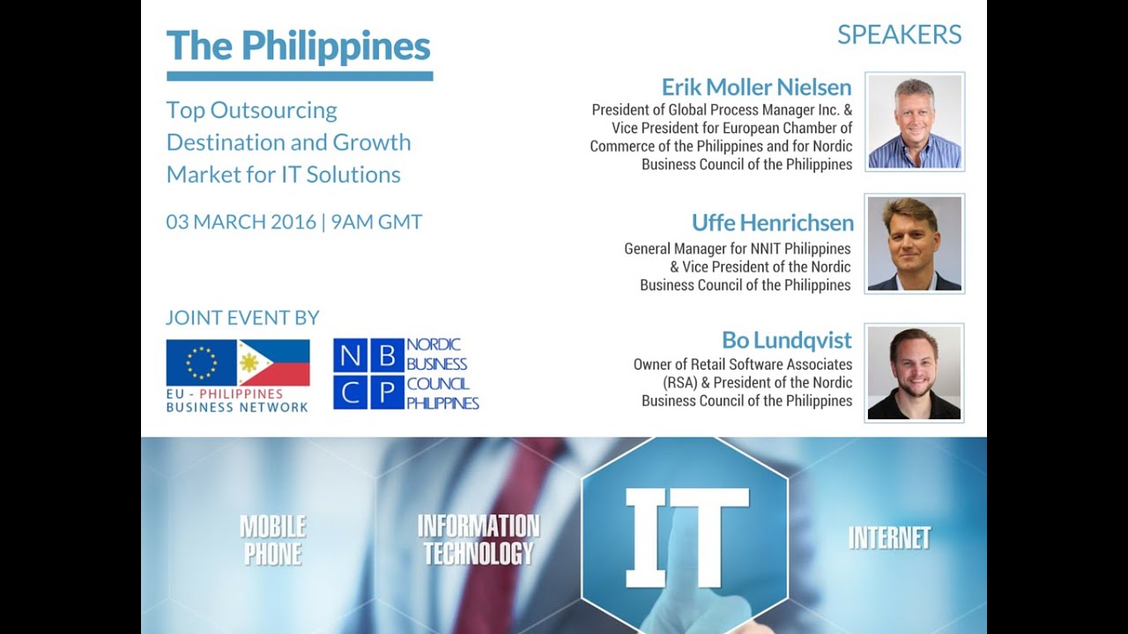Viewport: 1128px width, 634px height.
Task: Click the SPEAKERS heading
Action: click(899, 35)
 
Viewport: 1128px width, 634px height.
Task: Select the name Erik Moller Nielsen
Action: click(756, 87)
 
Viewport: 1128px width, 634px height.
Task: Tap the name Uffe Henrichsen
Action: click(772, 223)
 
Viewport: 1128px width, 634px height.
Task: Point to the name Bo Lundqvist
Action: click(786, 340)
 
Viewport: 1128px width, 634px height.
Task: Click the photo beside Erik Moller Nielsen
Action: click(915, 122)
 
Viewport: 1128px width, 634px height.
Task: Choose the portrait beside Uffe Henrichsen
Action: click(915, 244)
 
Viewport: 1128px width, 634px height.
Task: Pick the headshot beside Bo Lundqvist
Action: click(915, 373)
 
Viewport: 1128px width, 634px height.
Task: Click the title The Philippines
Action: click(298, 46)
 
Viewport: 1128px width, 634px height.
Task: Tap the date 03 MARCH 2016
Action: click(241, 222)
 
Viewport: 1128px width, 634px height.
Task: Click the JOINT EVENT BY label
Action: click(242, 319)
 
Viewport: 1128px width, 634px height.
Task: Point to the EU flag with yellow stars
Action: click(202, 363)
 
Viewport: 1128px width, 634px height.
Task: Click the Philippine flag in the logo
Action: click(274, 363)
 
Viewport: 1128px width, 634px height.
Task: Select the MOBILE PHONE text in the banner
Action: click(273, 540)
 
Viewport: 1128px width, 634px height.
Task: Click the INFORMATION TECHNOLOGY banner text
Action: click(479, 540)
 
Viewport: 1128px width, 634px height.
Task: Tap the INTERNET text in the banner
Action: click(888, 538)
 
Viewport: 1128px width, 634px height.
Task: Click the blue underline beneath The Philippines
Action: click(300, 77)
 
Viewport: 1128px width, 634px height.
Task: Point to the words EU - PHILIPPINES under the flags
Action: click(225, 394)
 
